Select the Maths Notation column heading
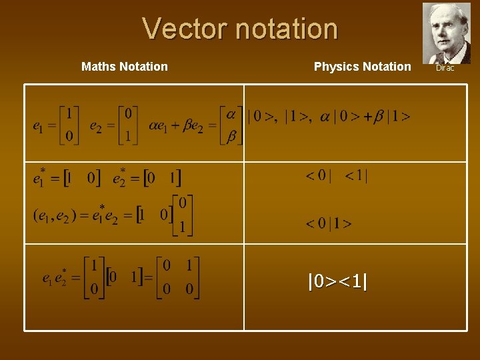point(125,67)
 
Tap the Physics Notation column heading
point(363,67)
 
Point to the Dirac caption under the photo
point(445,68)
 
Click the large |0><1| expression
point(337,282)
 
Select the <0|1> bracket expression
point(329,223)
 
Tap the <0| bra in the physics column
point(318,176)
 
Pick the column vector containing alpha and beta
point(231,125)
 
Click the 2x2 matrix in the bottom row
point(178,277)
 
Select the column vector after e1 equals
point(69,125)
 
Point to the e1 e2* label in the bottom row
point(55,277)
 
